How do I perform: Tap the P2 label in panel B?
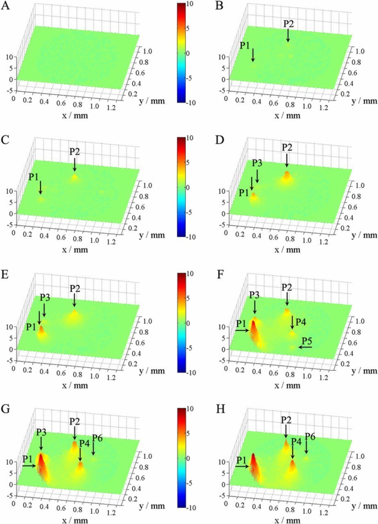coord(289,23)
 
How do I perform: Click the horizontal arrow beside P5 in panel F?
coord(305,347)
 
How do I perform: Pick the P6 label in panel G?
coord(97,438)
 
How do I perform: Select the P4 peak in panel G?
coord(81,465)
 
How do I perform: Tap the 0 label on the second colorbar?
coord(195,187)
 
